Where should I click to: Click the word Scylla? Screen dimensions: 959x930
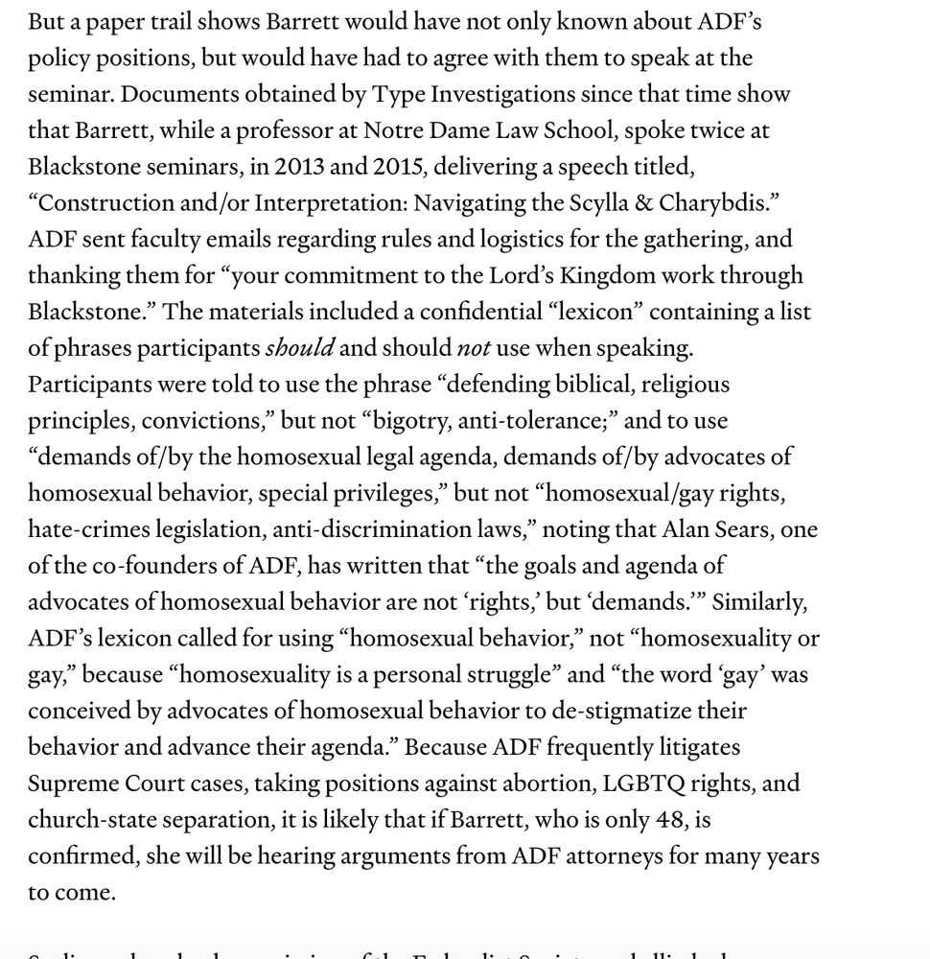tap(596, 202)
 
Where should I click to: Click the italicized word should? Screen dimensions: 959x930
tap(299, 348)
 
